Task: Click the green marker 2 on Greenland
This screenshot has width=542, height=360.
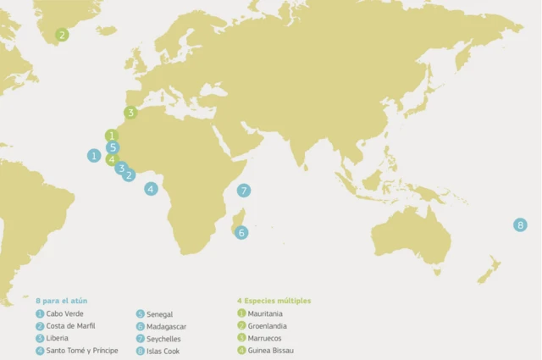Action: tap(61, 35)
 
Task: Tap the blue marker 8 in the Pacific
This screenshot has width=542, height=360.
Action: tap(520, 224)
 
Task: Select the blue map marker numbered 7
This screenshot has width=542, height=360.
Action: tap(243, 190)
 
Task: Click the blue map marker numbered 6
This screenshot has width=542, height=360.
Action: tap(241, 232)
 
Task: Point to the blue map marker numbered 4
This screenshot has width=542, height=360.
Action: tap(151, 189)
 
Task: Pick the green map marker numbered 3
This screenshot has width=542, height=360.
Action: tap(130, 112)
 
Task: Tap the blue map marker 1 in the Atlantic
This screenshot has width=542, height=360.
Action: tap(94, 155)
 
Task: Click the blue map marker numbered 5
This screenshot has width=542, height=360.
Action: tap(113, 147)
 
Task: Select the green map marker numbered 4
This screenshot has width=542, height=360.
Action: tap(112, 158)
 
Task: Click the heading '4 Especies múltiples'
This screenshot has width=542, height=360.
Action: tap(274, 301)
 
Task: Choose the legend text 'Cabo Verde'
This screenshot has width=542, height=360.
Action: tap(64, 313)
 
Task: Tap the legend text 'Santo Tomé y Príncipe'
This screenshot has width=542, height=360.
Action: tap(82, 350)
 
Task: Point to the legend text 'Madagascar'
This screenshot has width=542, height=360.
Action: tap(167, 326)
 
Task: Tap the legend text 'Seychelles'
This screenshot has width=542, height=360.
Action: tap(164, 339)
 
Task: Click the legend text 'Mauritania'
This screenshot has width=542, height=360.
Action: tap(265, 313)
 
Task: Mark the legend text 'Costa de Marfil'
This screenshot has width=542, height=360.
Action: tap(71, 325)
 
